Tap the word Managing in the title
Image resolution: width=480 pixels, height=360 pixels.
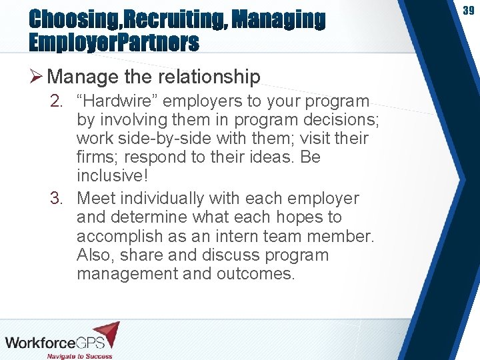[x=280, y=20]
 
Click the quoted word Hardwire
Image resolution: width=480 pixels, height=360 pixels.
[x=123, y=101]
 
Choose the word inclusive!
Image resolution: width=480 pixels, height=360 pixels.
[x=112, y=177]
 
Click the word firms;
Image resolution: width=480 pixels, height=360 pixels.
[x=98, y=158]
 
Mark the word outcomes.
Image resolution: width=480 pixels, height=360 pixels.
[x=255, y=274]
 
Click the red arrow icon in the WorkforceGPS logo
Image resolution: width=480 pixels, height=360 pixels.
[x=106, y=334]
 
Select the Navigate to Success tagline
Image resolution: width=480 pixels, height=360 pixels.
[x=79, y=356]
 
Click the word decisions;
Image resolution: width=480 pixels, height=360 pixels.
[x=338, y=120]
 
